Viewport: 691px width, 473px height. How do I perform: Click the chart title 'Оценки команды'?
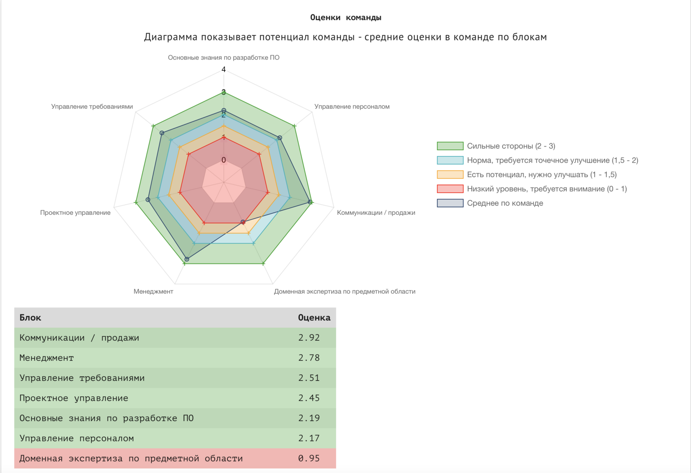pos(345,17)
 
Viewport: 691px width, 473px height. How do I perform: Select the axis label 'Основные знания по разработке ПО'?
pos(223,58)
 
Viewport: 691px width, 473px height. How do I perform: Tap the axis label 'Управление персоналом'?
pos(352,107)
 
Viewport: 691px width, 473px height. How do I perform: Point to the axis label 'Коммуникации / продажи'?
pos(376,213)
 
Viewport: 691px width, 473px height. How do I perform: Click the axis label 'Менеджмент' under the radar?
pos(153,291)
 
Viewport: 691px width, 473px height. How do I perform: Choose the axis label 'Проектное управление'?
pos(75,213)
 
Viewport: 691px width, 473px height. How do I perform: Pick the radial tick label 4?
pos(224,69)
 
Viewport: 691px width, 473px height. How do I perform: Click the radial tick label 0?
pos(224,160)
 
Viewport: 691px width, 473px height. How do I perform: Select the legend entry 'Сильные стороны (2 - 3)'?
pos(511,146)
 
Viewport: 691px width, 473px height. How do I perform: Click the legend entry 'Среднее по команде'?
pos(505,203)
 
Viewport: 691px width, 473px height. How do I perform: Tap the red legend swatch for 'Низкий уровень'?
pos(450,189)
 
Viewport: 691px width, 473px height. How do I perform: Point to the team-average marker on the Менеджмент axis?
pos(187,259)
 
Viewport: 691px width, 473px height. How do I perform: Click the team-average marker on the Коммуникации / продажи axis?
pos(310,202)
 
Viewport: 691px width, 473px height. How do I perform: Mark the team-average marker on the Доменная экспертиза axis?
pos(243,222)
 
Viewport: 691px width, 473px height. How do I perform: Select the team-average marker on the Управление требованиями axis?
pos(162,133)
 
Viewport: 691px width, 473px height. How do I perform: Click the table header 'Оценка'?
pos(314,317)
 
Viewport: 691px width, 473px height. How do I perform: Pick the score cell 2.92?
pos(309,338)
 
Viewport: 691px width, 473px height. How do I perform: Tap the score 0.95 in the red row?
pos(309,458)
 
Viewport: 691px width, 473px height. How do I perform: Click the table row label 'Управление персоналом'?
pos(77,438)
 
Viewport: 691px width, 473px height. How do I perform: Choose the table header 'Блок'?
pos(30,317)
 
